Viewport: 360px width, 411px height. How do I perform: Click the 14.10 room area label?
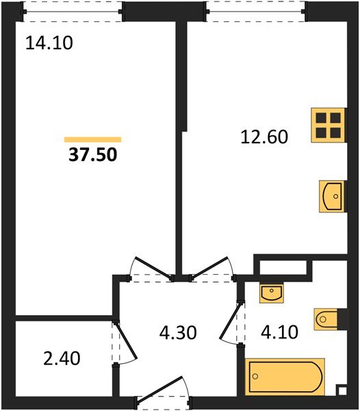click(x=49, y=43)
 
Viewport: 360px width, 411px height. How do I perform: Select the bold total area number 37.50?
click(x=93, y=154)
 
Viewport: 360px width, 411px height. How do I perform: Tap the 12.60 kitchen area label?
click(x=264, y=136)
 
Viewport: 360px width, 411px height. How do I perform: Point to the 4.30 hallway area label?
click(x=178, y=333)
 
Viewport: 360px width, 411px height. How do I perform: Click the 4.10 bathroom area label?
click(x=280, y=332)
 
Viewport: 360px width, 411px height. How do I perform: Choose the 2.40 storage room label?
click(x=62, y=358)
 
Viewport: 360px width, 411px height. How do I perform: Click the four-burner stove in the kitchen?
click(x=328, y=125)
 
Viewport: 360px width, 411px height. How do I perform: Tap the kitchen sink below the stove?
click(x=332, y=197)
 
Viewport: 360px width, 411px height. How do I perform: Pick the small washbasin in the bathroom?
click(x=272, y=293)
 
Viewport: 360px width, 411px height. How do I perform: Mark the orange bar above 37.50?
click(x=92, y=140)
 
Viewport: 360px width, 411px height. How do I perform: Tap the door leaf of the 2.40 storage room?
click(x=127, y=340)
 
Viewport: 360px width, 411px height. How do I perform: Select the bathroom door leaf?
click(x=230, y=321)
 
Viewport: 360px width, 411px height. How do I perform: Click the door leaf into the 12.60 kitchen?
click(x=209, y=267)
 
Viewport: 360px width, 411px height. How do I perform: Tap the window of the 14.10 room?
click(x=72, y=12)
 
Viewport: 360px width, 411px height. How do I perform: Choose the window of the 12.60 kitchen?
click(x=255, y=12)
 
